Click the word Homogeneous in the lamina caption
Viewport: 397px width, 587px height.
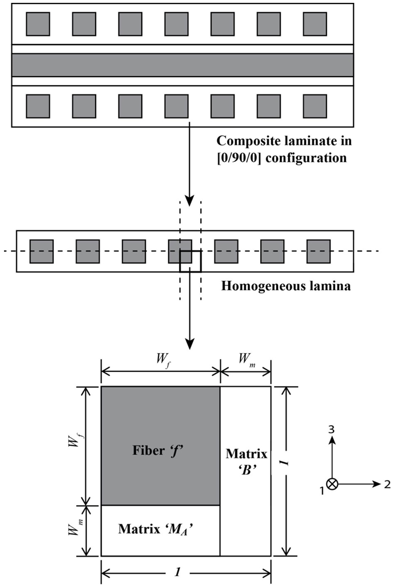coord(254,285)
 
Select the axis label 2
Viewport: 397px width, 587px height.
coord(388,484)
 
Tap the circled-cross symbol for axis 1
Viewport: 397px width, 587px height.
coord(332,484)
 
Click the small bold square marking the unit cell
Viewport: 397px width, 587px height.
coord(190,261)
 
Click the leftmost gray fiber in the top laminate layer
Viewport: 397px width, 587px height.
coord(38,23)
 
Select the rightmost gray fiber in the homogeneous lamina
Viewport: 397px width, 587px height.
coord(319,251)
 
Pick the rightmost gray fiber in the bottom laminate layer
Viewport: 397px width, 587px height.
coord(314,106)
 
